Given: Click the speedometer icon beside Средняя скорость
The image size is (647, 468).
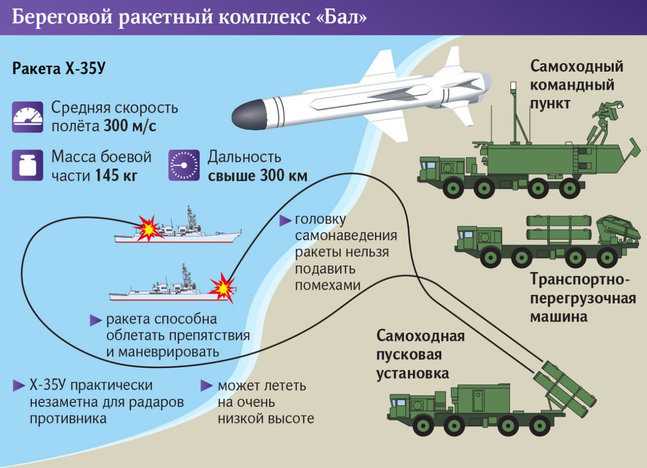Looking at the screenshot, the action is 27,117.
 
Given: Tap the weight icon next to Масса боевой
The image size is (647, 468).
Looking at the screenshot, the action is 27,165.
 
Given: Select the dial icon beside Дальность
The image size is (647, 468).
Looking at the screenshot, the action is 184,165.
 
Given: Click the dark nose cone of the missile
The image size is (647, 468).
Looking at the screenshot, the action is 248,115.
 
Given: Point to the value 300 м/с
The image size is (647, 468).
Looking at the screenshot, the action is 130,126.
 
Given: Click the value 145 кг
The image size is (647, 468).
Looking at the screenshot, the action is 116,175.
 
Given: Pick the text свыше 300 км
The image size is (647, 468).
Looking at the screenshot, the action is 258,175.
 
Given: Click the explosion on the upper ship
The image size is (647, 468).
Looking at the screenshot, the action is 148,228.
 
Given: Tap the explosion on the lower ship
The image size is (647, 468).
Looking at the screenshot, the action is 223,287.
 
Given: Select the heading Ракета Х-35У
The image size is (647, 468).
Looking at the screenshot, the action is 59,68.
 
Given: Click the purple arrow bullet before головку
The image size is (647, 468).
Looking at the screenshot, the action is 285,221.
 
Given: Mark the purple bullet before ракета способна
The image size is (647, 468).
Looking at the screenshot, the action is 96,321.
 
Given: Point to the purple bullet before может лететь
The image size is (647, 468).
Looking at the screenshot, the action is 207,386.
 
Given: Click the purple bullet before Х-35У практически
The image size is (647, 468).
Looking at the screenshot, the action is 19,386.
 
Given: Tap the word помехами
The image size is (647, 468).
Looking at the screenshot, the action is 328,286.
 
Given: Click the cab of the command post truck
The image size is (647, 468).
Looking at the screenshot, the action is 430,169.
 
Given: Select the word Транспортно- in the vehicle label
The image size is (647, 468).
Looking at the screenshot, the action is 580,279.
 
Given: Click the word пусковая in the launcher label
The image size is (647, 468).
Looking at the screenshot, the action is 409,354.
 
